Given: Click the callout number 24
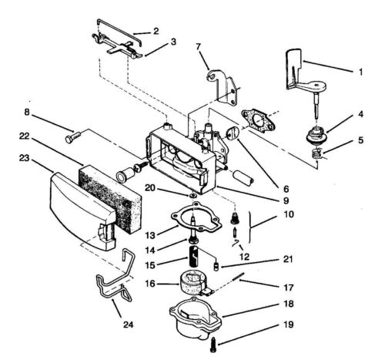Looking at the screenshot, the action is point(129,325).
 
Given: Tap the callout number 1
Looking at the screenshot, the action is point(360,72).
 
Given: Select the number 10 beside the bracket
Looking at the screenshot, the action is point(289,214).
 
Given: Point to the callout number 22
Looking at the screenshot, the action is point(25,136).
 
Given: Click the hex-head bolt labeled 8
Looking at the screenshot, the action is point(73,136).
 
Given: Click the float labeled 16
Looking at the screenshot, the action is point(193,283).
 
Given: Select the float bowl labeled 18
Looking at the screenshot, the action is point(195,318).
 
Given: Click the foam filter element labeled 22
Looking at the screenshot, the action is point(111,199).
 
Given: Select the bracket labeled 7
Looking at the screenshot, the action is point(223,87).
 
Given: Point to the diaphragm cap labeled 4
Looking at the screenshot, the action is point(317,134).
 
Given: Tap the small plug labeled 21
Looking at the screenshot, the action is point(216,266).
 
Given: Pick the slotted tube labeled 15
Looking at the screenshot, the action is point(194,256).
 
